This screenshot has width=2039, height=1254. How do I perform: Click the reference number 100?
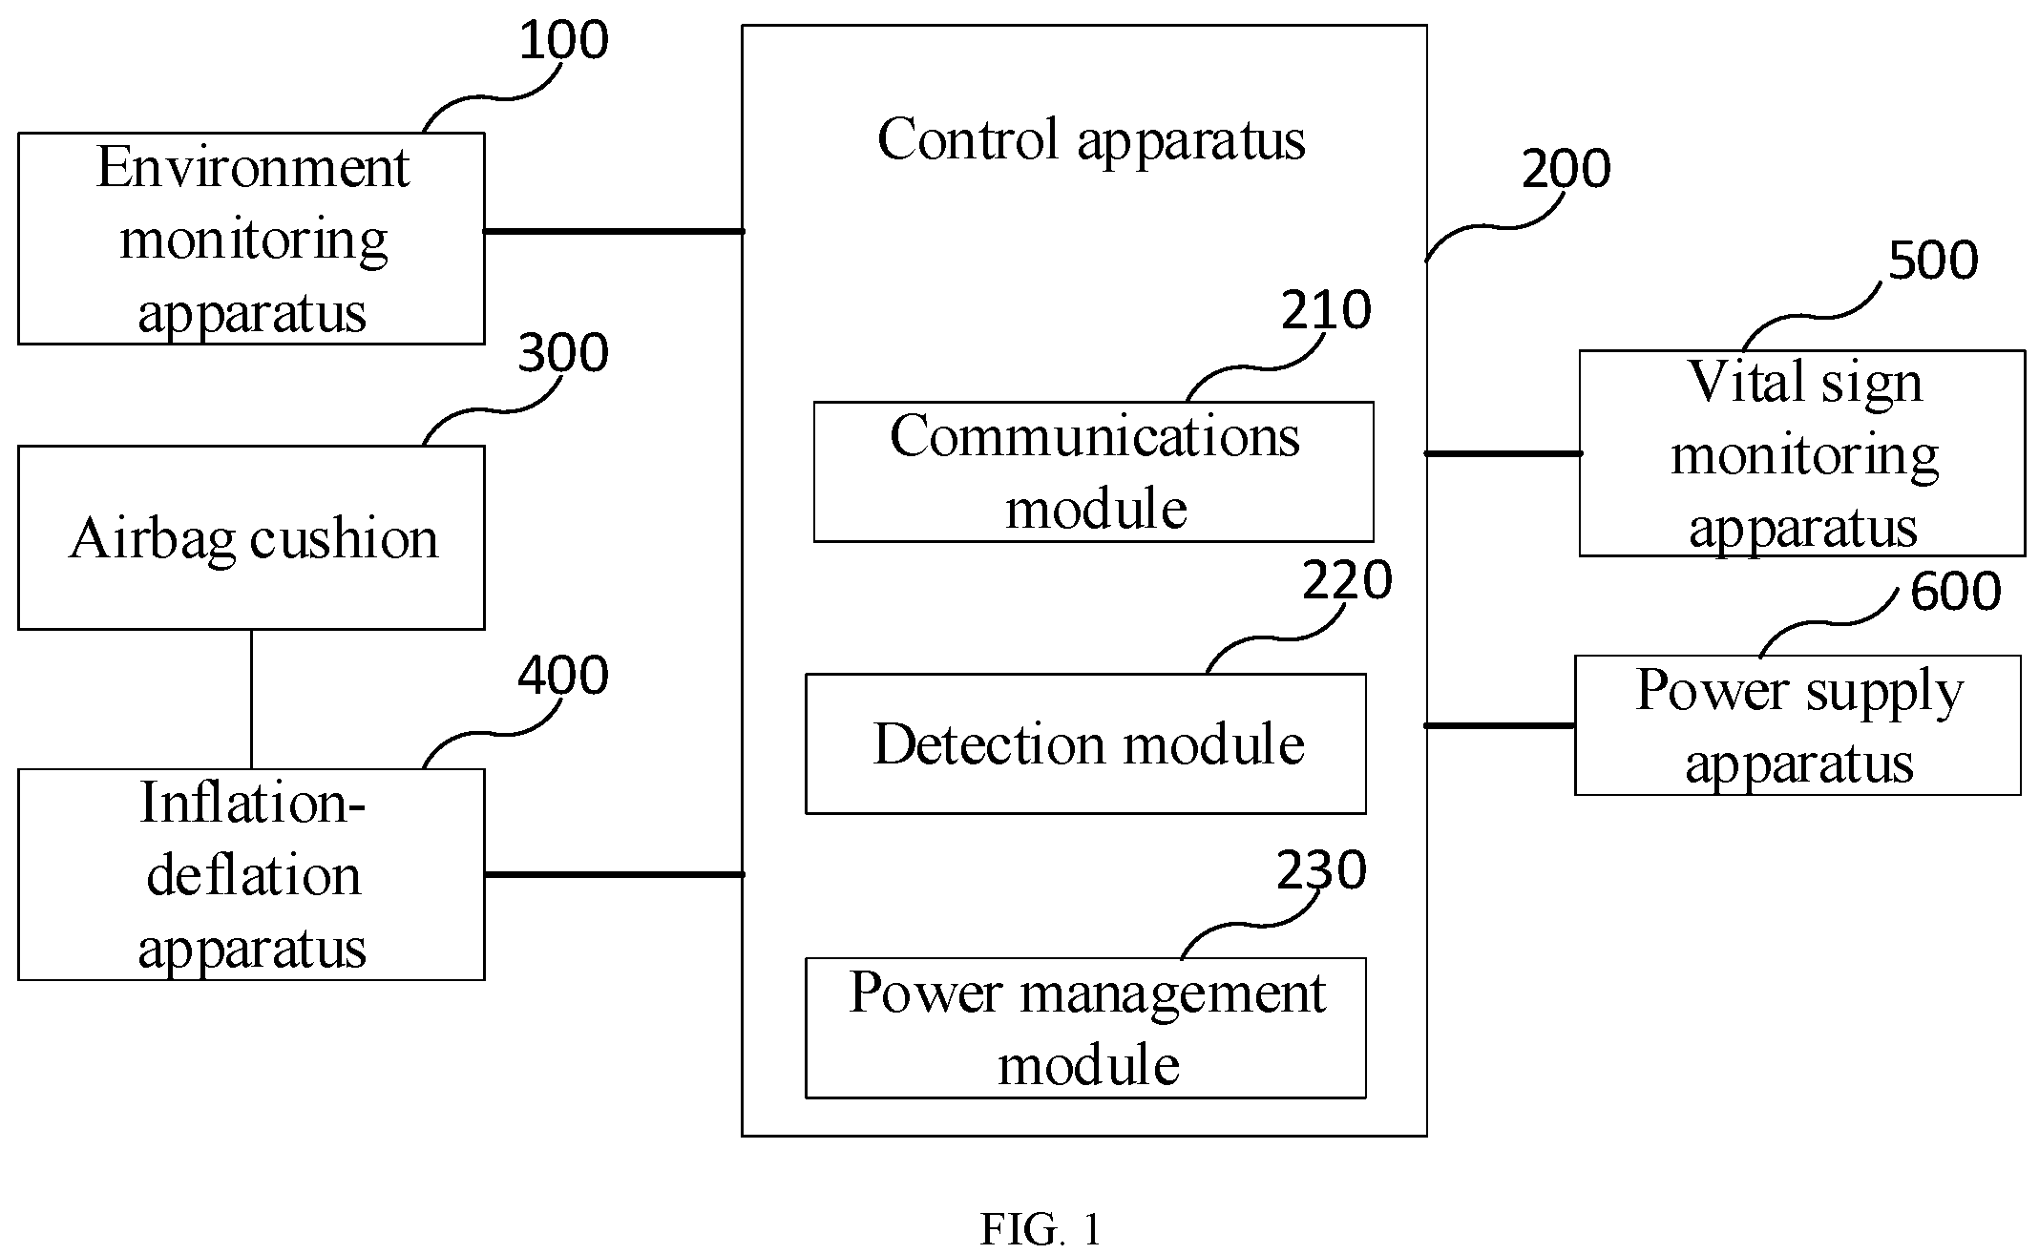(563, 42)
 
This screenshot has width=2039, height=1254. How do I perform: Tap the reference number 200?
(1566, 170)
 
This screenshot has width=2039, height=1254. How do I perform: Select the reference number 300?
(563, 353)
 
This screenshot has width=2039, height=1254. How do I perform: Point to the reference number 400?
(563, 676)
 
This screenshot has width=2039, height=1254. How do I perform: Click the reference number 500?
(1933, 261)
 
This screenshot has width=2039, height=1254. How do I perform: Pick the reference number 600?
(1956, 592)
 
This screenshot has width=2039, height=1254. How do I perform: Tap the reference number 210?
(1326, 310)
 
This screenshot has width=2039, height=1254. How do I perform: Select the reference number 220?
(1347, 580)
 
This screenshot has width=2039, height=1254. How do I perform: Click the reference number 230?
(1322, 870)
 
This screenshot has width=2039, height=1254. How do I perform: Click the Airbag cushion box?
(251, 537)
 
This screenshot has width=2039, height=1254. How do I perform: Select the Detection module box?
(1085, 743)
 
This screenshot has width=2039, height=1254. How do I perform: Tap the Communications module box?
(1094, 471)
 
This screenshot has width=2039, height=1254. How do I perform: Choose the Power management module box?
(1085, 1028)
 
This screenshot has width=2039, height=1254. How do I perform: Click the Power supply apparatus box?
(1797, 725)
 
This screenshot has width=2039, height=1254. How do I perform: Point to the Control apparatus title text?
(1091, 140)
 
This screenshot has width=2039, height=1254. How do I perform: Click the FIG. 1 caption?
(1041, 1230)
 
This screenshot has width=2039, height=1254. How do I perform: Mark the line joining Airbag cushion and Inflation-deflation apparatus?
(251, 700)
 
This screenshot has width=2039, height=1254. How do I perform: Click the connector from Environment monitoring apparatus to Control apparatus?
(614, 231)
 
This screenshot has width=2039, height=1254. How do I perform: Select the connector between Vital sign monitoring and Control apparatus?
(1503, 453)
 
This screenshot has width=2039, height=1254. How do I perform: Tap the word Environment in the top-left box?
(253, 168)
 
